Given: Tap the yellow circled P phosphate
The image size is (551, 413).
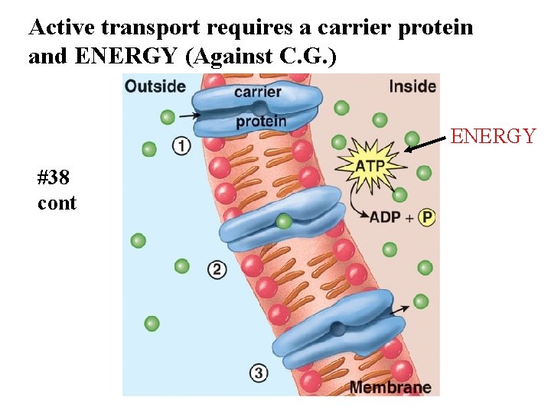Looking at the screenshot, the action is point(426,217).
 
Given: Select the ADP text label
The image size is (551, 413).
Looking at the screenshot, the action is point(386,217).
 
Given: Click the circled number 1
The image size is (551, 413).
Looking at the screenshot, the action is point(181,145).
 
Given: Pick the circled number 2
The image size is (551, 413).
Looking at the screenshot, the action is point(217,268).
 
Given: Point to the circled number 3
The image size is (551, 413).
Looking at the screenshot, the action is point(259,373).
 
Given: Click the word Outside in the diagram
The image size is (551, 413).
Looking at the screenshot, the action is point(155,86).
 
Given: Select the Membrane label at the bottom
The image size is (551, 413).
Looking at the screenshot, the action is point(390,387).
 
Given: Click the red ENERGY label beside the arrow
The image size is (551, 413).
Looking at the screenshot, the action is point(493,136).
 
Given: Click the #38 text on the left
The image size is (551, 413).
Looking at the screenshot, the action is point(54,178).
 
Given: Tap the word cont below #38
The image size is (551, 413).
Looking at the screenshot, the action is point(57,203).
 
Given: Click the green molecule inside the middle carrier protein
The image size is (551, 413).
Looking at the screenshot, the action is point(284,222).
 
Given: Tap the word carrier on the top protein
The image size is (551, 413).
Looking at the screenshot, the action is point(258,93).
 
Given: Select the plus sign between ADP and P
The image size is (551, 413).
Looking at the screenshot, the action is point(409,218).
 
